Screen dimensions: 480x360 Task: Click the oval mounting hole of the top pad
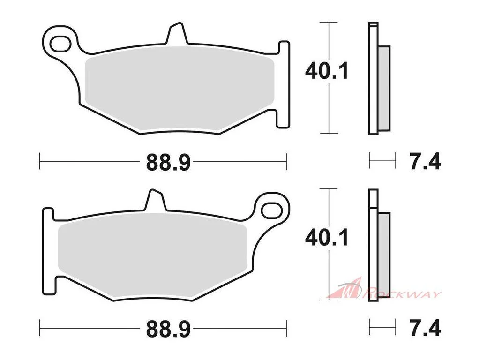click(60, 44)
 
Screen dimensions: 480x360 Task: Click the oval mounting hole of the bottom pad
click(271, 210)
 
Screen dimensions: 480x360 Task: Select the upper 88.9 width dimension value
click(168, 163)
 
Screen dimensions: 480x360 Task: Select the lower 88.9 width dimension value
click(168, 329)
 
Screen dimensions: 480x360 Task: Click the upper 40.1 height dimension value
click(327, 71)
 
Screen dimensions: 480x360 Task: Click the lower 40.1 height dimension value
click(327, 238)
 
